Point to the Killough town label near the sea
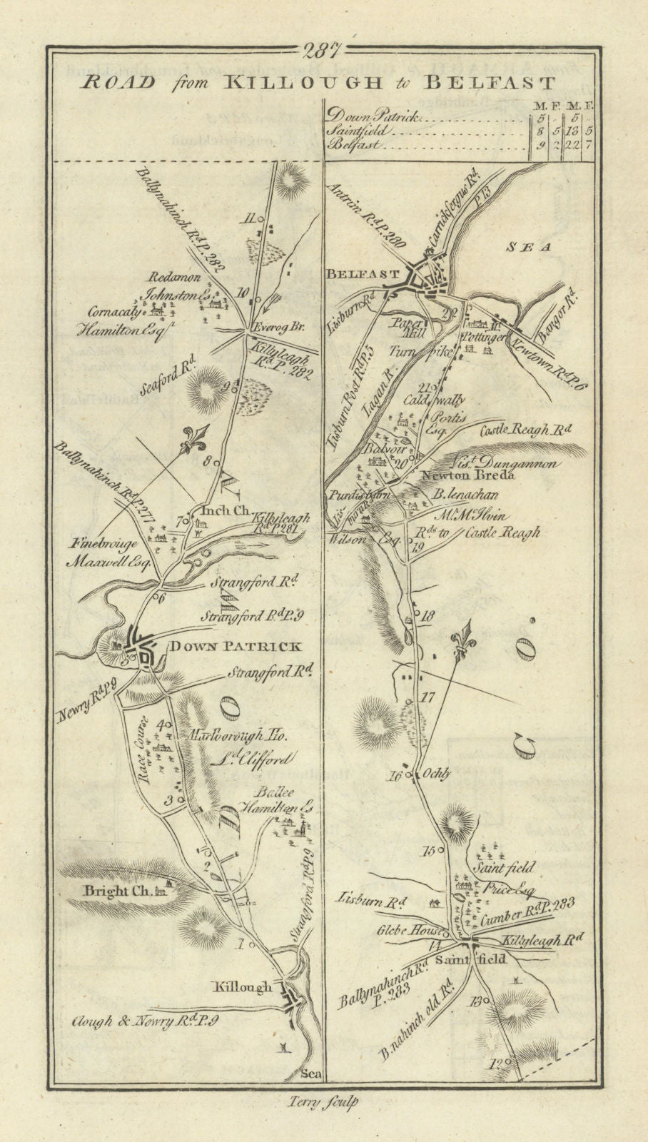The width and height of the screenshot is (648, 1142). pyautogui.click(x=243, y=988)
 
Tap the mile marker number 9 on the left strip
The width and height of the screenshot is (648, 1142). pyautogui.click(x=228, y=388)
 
